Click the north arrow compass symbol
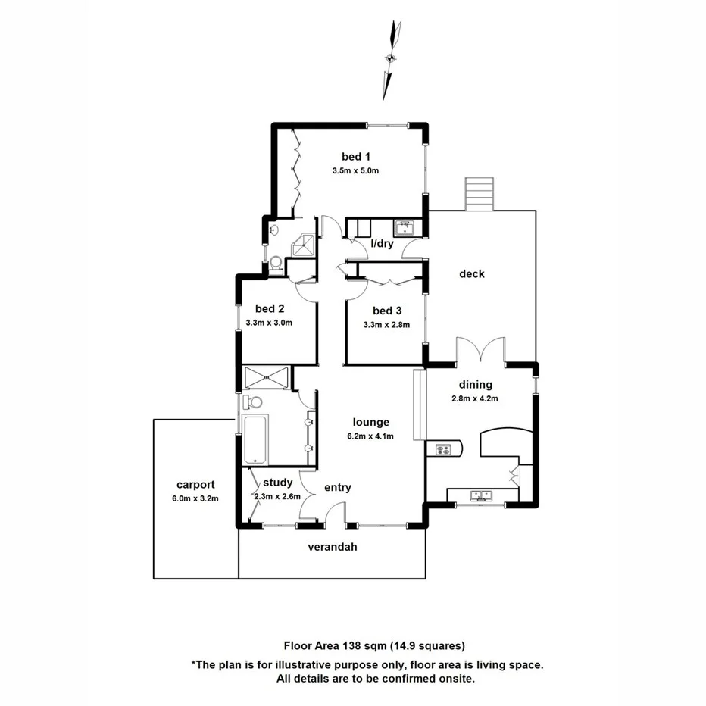pyautogui.click(x=392, y=60)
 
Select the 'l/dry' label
pyautogui.click(x=383, y=244)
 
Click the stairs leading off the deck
pyautogui.click(x=479, y=194)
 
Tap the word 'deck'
pyautogui.click(x=472, y=273)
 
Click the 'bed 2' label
pyautogui.click(x=269, y=308)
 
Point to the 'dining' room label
pyautogui.click(x=474, y=384)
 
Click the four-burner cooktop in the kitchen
pyautogui.click(x=443, y=449)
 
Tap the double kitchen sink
pyautogui.click(x=481, y=496)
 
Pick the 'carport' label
pyautogui.click(x=195, y=484)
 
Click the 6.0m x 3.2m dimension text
pyautogui.click(x=195, y=498)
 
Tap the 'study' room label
pyautogui.click(x=277, y=483)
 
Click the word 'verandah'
pyautogui.click(x=332, y=547)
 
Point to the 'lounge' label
pyautogui.click(x=370, y=422)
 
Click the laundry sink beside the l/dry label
pyautogui.click(x=402, y=226)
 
